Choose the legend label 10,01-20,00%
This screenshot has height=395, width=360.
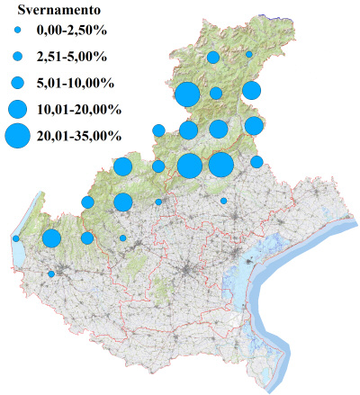pyautogui.click(x=77, y=109)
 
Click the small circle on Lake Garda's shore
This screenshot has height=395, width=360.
pyautogui.click(x=16, y=238)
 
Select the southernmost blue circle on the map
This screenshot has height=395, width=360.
pyautogui.click(x=51, y=274)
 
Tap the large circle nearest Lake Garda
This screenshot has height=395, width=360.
pyautogui.click(x=51, y=238)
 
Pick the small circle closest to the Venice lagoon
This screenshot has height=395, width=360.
pyautogui.click(x=224, y=202)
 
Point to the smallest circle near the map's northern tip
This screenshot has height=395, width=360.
pyautogui.click(x=249, y=55)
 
